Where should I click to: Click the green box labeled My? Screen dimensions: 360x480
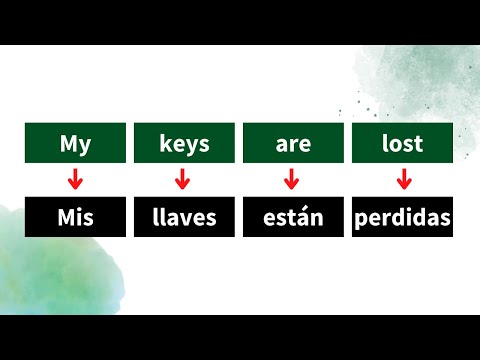pyautogui.click(x=75, y=143)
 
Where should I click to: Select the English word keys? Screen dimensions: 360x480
pyautogui.click(x=184, y=143)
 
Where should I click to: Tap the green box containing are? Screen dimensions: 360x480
pyautogui.click(x=293, y=143)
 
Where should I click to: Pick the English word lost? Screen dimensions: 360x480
pyautogui.click(x=403, y=143)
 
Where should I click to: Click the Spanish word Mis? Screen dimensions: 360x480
pyautogui.click(x=75, y=218)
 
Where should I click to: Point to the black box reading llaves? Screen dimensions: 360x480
pyautogui.click(x=184, y=218)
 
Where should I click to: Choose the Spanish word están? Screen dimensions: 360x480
pyautogui.click(x=293, y=218)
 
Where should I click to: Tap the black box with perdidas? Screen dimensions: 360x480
pyautogui.click(x=403, y=218)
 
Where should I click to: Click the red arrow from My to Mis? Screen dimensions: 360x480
pyautogui.click(x=73, y=180)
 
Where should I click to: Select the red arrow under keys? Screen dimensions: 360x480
pyautogui.click(x=182, y=180)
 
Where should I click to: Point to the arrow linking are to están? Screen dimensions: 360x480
pyautogui.click(x=292, y=180)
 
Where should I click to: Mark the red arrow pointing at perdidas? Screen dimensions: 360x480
pyautogui.click(x=404, y=180)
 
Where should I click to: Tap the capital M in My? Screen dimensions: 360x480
pyautogui.click(x=68, y=143)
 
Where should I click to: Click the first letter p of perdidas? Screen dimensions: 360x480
pyautogui.click(x=362, y=220)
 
